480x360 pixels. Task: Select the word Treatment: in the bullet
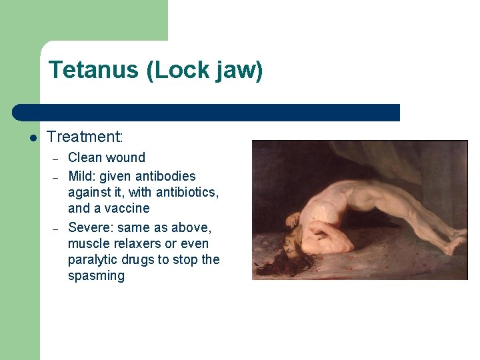coord(85,137)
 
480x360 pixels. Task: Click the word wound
coord(126,158)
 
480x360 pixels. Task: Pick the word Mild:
coord(84,177)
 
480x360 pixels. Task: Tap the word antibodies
coord(165,177)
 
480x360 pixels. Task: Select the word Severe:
coord(91,227)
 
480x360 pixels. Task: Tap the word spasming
coord(96,275)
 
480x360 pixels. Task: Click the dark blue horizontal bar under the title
coord(207,113)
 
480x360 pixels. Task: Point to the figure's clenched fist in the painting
coord(293,219)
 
